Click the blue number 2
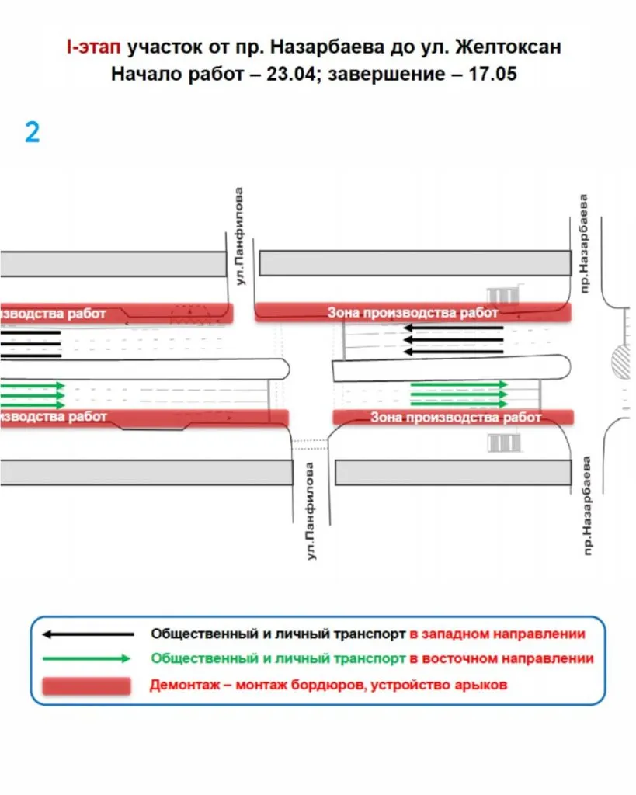click(x=32, y=133)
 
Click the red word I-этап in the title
click(x=92, y=47)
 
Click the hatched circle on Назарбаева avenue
click(x=623, y=361)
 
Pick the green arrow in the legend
click(x=85, y=659)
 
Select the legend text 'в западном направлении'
click(x=497, y=634)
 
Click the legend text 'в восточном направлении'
click(x=502, y=659)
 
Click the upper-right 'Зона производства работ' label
click(x=412, y=313)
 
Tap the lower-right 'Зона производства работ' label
click(x=455, y=418)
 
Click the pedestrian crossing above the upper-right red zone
click(x=502, y=296)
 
